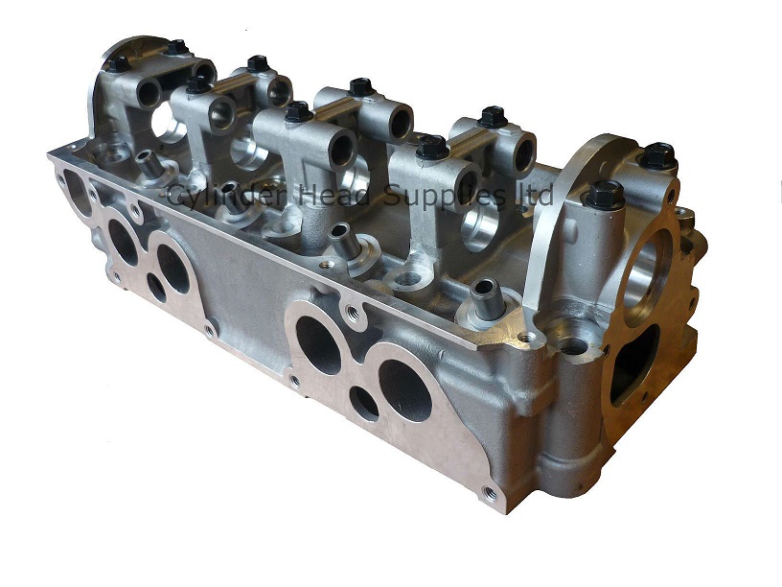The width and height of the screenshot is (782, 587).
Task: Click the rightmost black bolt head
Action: point(657,154)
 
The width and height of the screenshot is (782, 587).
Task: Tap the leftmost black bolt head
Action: point(118,64)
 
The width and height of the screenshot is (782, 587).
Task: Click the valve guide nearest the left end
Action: point(144,162)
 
